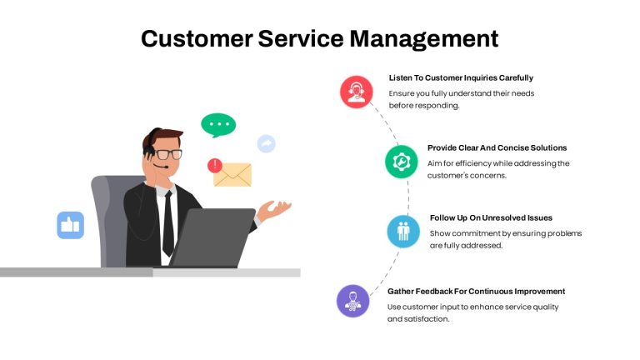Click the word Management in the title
click(x=423, y=39)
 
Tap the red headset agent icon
click(x=357, y=92)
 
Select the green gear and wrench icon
click(x=401, y=162)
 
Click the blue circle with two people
click(x=403, y=232)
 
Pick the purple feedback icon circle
click(x=353, y=301)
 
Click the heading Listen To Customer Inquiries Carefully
click(x=461, y=78)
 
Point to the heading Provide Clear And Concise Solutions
click(x=497, y=147)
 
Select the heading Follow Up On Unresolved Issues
click(x=491, y=218)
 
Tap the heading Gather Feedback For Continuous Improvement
click(x=477, y=292)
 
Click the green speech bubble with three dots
click(x=218, y=124)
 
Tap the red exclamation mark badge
click(x=215, y=165)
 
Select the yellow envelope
click(x=233, y=175)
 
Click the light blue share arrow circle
click(x=266, y=143)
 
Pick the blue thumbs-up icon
click(x=71, y=225)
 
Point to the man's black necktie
click(x=168, y=223)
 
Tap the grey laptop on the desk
click(x=212, y=237)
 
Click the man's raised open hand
click(x=274, y=210)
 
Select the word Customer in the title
click(x=197, y=39)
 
